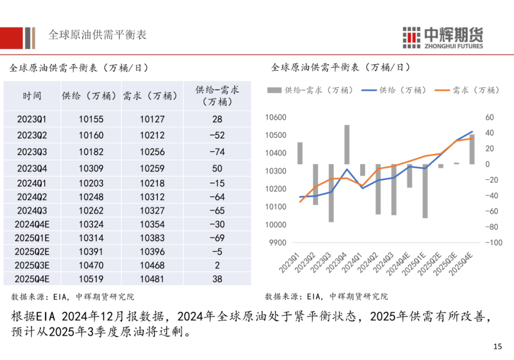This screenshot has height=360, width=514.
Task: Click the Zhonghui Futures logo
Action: (x=443, y=37)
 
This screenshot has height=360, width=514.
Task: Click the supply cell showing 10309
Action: (x=91, y=168)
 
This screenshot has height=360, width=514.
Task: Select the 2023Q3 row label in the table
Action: (x=32, y=152)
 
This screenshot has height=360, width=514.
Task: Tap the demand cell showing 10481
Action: (x=152, y=279)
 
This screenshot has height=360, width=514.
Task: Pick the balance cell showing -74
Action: (x=217, y=152)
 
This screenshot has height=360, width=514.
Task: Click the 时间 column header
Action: (x=32, y=96)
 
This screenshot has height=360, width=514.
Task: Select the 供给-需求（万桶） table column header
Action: (x=217, y=95)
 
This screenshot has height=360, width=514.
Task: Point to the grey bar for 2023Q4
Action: (x=347, y=145)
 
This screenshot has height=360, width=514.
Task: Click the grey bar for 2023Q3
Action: (x=331, y=193)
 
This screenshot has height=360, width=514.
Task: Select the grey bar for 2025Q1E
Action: (x=425, y=191)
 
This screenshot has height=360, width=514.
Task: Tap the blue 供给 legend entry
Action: (x=393, y=90)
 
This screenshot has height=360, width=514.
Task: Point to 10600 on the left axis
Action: (x=276, y=118)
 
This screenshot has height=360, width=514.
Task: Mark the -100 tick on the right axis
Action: (x=494, y=243)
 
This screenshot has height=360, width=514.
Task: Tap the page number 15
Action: (x=497, y=346)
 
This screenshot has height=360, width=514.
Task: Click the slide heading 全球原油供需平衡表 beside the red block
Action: (x=97, y=35)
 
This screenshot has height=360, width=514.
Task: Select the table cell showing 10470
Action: (x=91, y=265)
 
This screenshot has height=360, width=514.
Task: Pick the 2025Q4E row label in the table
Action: (x=32, y=279)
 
